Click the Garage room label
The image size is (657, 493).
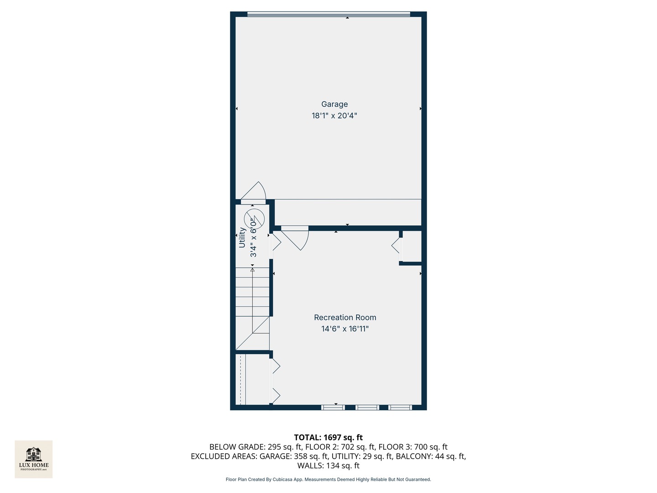coord(334,104)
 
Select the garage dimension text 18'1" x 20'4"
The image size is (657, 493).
coord(334,116)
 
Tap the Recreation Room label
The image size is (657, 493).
coord(345,317)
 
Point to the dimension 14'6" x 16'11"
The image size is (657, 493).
coord(345,329)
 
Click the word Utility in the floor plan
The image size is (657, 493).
coord(242,237)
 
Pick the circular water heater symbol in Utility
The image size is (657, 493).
coord(254,219)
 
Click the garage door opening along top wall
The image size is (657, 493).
coord(328,15)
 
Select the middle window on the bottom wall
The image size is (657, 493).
coord(367,407)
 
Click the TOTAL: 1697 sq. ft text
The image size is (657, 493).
coord(328,437)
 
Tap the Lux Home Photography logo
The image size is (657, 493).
coord(34,459)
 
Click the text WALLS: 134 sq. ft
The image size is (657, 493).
coord(328,466)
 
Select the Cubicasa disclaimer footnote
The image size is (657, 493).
coord(328,479)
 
